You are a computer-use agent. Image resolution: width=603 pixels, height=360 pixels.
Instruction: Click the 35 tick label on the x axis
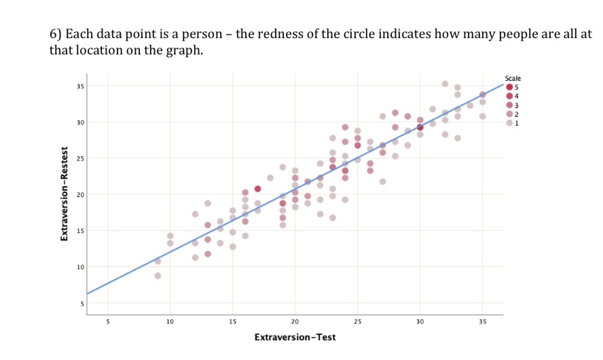coord(482,321)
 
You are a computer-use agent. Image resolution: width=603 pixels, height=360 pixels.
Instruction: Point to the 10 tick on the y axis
coord(80,267)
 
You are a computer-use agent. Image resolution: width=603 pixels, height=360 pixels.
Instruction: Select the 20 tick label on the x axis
coord(295,321)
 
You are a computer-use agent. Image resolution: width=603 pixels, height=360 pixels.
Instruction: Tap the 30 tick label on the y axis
coord(80,122)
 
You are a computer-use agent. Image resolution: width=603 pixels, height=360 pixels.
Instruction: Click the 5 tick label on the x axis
coord(107,321)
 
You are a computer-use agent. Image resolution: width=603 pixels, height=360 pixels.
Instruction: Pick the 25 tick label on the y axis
coord(80,158)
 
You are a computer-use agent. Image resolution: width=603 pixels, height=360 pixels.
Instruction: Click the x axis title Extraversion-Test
coord(295,337)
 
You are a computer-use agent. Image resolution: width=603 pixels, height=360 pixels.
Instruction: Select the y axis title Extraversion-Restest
coord(65,194)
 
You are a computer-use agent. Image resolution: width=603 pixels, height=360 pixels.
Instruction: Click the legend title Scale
coord(513,79)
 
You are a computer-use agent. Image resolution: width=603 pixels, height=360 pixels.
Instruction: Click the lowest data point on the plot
coord(158,275)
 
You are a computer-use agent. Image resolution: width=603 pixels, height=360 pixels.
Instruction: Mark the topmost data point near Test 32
coord(445,84)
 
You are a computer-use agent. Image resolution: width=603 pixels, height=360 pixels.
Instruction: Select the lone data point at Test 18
coord(270,178)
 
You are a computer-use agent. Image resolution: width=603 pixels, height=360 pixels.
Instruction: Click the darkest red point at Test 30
coord(420,127)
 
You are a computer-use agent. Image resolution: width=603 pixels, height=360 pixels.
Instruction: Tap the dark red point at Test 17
coord(257,189)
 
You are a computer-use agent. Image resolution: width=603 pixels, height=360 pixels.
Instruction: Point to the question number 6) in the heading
coord(56,34)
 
